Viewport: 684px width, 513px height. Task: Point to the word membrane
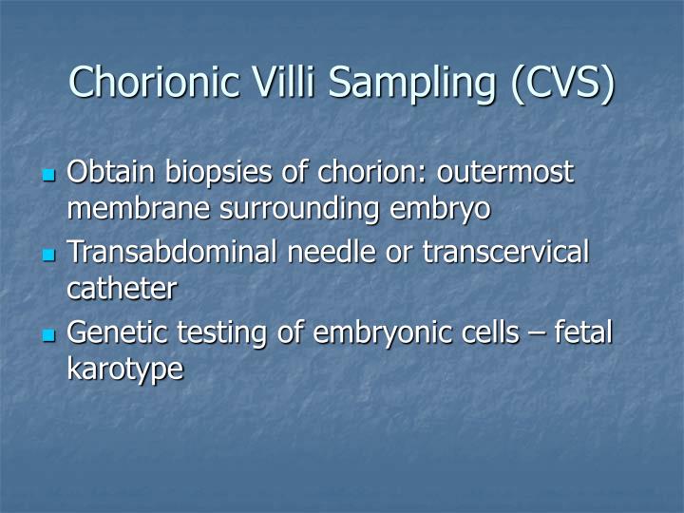pyautogui.click(x=130, y=208)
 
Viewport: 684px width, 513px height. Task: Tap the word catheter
pyautogui.click(x=121, y=289)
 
